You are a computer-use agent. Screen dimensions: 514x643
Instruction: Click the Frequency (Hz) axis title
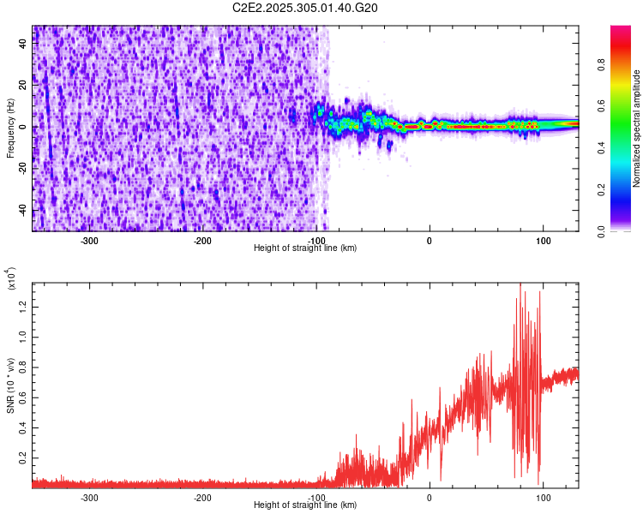pyautogui.click(x=11, y=128)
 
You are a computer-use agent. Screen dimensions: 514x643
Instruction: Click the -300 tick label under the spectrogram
pyautogui.click(x=89, y=241)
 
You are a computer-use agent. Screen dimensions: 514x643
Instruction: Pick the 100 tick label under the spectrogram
pyautogui.click(x=543, y=241)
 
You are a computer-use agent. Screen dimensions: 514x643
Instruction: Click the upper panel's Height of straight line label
pyautogui.click(x=305, y=248)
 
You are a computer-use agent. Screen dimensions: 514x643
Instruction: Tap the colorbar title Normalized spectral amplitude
pyautogui.click(x=637, y=128)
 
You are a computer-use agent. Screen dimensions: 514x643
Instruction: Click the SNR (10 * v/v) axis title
pyautogui.click(x=11, y=385)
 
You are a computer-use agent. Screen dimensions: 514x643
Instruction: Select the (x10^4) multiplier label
pyautogui.click(x=11, y=279)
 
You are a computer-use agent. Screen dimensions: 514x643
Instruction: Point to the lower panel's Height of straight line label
pyautogui.click(x=305, y=505)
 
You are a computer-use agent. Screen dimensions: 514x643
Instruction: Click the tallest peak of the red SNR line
pyautogui.click(x=520, y=285)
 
